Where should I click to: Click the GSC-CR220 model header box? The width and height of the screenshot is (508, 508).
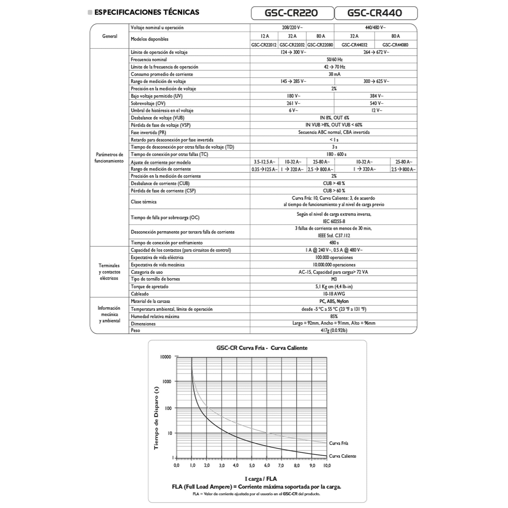[x=292, y=13]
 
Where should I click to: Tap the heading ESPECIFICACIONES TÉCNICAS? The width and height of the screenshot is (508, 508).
[x=147, y=12]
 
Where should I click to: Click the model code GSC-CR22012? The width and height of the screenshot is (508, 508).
[x=264, y=45]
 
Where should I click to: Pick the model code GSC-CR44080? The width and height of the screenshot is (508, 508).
[x=395, y=45]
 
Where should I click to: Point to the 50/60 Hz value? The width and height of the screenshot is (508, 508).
[x=334, y=60]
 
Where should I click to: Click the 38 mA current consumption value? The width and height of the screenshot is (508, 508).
[x=334, y=74]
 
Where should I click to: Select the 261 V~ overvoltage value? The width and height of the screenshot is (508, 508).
[x=293, y=103]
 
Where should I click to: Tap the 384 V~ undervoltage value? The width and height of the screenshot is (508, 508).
[x=376, y=96]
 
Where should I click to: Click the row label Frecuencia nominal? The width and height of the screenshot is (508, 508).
[x=149, y=60]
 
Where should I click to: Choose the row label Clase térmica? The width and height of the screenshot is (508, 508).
[x=143, y=202]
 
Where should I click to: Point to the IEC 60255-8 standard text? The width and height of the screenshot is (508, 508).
[x=334, y=221]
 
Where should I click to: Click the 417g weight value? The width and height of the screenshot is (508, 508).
[x=334, y=330]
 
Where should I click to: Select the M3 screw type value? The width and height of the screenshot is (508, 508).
[x=334, y=279]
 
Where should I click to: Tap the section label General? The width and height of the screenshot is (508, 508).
[x=110, y=36]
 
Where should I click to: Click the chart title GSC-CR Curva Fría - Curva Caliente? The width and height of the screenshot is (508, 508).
[x=262, y=348]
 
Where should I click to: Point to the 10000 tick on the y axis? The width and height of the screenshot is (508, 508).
[x=166, y=357]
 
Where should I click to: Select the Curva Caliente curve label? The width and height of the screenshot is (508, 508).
[x=342, y=456]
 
